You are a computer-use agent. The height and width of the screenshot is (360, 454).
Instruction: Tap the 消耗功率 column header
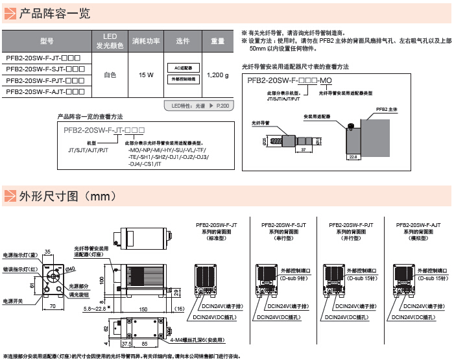pos(146,41)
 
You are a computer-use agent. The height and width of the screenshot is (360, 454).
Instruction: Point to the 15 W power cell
pos(146,75)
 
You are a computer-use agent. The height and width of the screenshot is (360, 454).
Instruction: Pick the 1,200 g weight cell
pos(217,75)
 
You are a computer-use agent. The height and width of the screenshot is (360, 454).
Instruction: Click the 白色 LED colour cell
pos(110,75)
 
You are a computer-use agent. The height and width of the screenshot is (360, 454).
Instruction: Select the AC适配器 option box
pos(183,67)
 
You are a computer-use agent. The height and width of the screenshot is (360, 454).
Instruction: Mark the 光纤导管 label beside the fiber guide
pos(260,121)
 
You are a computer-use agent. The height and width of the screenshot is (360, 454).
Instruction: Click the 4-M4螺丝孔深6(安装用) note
pos(198,339)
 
